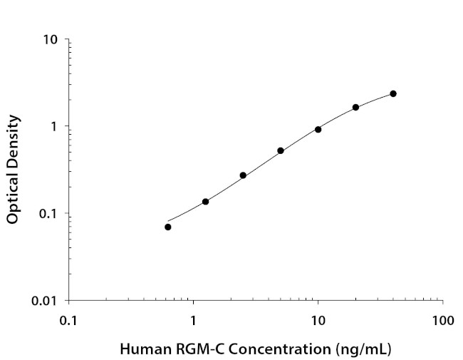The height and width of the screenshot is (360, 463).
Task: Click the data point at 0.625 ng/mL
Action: pos(168,227)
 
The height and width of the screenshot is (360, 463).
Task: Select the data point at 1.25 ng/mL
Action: pos(205,202)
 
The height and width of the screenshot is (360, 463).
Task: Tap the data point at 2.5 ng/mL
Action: pos(243,175)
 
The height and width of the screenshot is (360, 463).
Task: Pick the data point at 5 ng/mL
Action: pos(281,150)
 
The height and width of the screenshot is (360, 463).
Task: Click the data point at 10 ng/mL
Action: pos(318,129)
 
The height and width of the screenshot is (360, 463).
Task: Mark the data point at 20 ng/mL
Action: pos(355,108)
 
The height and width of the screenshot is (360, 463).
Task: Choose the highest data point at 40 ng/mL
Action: pos(393,93)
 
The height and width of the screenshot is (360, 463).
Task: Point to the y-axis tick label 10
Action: pos(51,39)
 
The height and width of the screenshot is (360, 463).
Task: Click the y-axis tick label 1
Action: pos(55,126)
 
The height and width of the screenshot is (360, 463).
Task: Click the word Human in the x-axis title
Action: pos(140,349)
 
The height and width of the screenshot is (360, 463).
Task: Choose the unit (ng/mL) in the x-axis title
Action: pos(364,349)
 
